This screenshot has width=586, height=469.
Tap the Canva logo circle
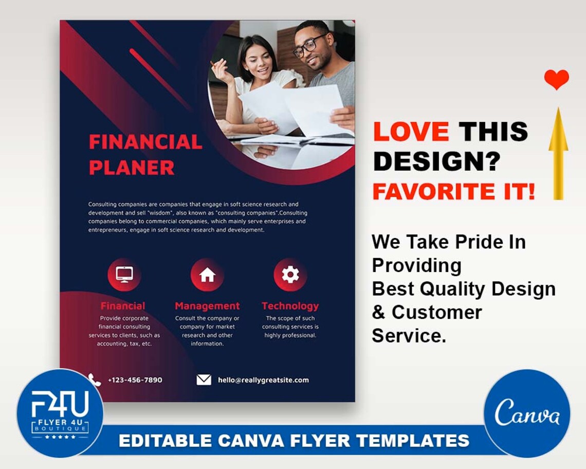pos(527,413)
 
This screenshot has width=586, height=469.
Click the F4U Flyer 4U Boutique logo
pos(60,413)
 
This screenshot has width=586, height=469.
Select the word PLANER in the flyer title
pos(132,168)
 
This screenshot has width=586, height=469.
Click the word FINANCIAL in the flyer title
pos(145,142)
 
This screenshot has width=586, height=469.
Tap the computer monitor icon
pos(124,274)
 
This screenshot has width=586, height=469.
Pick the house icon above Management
pos(207,275)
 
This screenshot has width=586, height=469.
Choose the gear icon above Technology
pos(290,275)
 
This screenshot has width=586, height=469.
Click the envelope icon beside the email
pos(204,380)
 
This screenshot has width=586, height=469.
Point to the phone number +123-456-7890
pos(135,380)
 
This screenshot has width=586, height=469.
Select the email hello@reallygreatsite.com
pos(263,380)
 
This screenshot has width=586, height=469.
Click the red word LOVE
pos(411,132)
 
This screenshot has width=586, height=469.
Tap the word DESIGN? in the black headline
pos(436,162)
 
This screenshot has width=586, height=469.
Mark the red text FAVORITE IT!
pos(453,192)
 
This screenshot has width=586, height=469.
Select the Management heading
pos(207,306)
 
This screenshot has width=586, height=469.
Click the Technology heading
pos(290,306)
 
